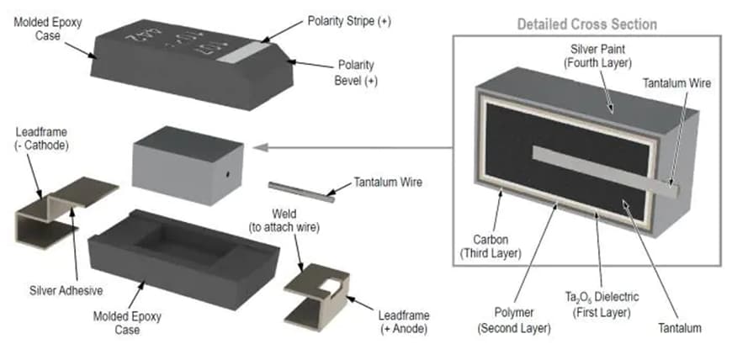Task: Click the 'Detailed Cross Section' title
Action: pyautogui.click(x=586, y=24)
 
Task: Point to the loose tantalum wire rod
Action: pyautogui.click(x=300, y=190)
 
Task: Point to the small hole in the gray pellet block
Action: pyautogui.click(x=226, y=176)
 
